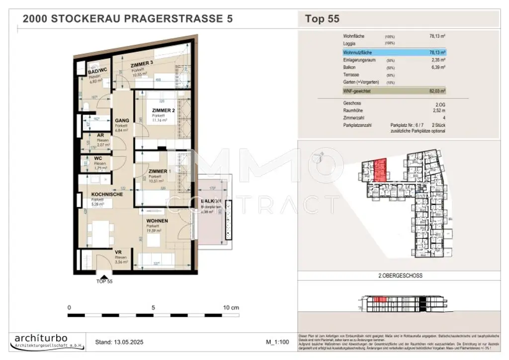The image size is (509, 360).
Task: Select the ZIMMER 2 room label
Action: [x=163, y=110]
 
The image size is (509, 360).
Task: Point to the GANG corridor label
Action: [x=122, y=120]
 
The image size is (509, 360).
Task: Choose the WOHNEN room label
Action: [x=157, y=220]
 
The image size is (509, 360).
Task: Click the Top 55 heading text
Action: [x=322, y=19]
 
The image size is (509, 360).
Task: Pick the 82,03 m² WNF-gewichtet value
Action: [x=436, y=91]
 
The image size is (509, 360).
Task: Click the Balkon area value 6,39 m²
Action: [x=437, y=67]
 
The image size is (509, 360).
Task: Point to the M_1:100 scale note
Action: [x=278, y=342]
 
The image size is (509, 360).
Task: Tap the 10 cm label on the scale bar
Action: [x=231, y=307]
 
